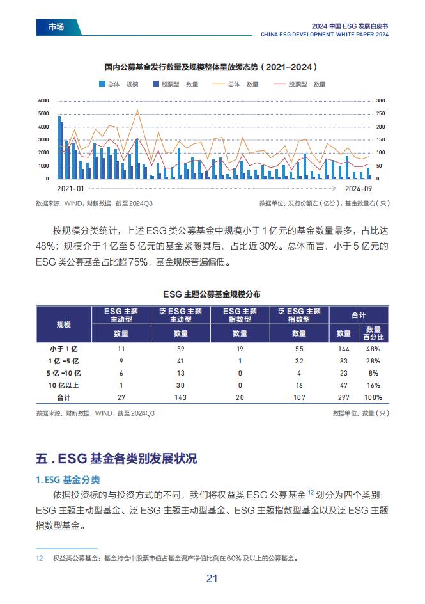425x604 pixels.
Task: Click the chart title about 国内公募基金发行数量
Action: coord(212,67)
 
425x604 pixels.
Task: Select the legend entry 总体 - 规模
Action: coord(118,84)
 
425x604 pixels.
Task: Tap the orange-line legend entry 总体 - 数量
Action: coord(235,84)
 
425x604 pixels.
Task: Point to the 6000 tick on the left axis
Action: coord(43,100)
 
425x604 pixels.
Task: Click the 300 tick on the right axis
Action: coord(380,100)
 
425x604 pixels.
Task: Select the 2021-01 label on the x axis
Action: coord(70,188)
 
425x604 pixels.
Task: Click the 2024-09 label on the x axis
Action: coord(359,188)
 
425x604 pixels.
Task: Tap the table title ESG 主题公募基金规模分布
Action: coord(212,294)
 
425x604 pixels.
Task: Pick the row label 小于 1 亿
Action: coord(63,349)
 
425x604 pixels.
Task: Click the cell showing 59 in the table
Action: coord(181,349)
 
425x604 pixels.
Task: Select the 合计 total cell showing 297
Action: coord(344,397)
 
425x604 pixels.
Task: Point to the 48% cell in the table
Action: coord(373,349)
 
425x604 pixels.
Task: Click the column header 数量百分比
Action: coord(373,333)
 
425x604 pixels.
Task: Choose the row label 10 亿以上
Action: coord(63,385)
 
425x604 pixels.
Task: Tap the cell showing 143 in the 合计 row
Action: coord(180,397)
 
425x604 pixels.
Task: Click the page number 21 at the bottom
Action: coord(212,578)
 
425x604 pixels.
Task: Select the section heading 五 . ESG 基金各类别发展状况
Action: coord(116,458)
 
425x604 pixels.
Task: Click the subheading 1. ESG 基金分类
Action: coord(68,480)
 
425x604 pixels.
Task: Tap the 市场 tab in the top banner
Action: coord(56,27)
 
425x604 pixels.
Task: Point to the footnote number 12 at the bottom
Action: coord(39,558)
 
